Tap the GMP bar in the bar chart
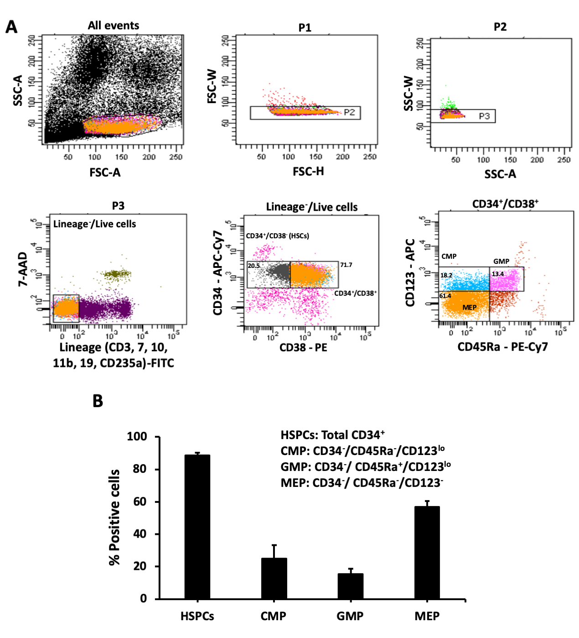350,586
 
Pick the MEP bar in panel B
427,552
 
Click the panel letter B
98,401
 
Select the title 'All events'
113,26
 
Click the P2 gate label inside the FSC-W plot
349,112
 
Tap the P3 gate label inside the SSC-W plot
484,116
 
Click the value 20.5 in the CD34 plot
254,266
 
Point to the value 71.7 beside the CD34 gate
346,265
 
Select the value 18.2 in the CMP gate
446,275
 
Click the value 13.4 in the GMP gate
497,274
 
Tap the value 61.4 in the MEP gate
445,296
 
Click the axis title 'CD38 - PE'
303,348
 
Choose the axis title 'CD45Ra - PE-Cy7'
502,347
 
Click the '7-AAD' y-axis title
23,269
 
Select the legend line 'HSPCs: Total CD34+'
332,435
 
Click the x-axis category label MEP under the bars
427,616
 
